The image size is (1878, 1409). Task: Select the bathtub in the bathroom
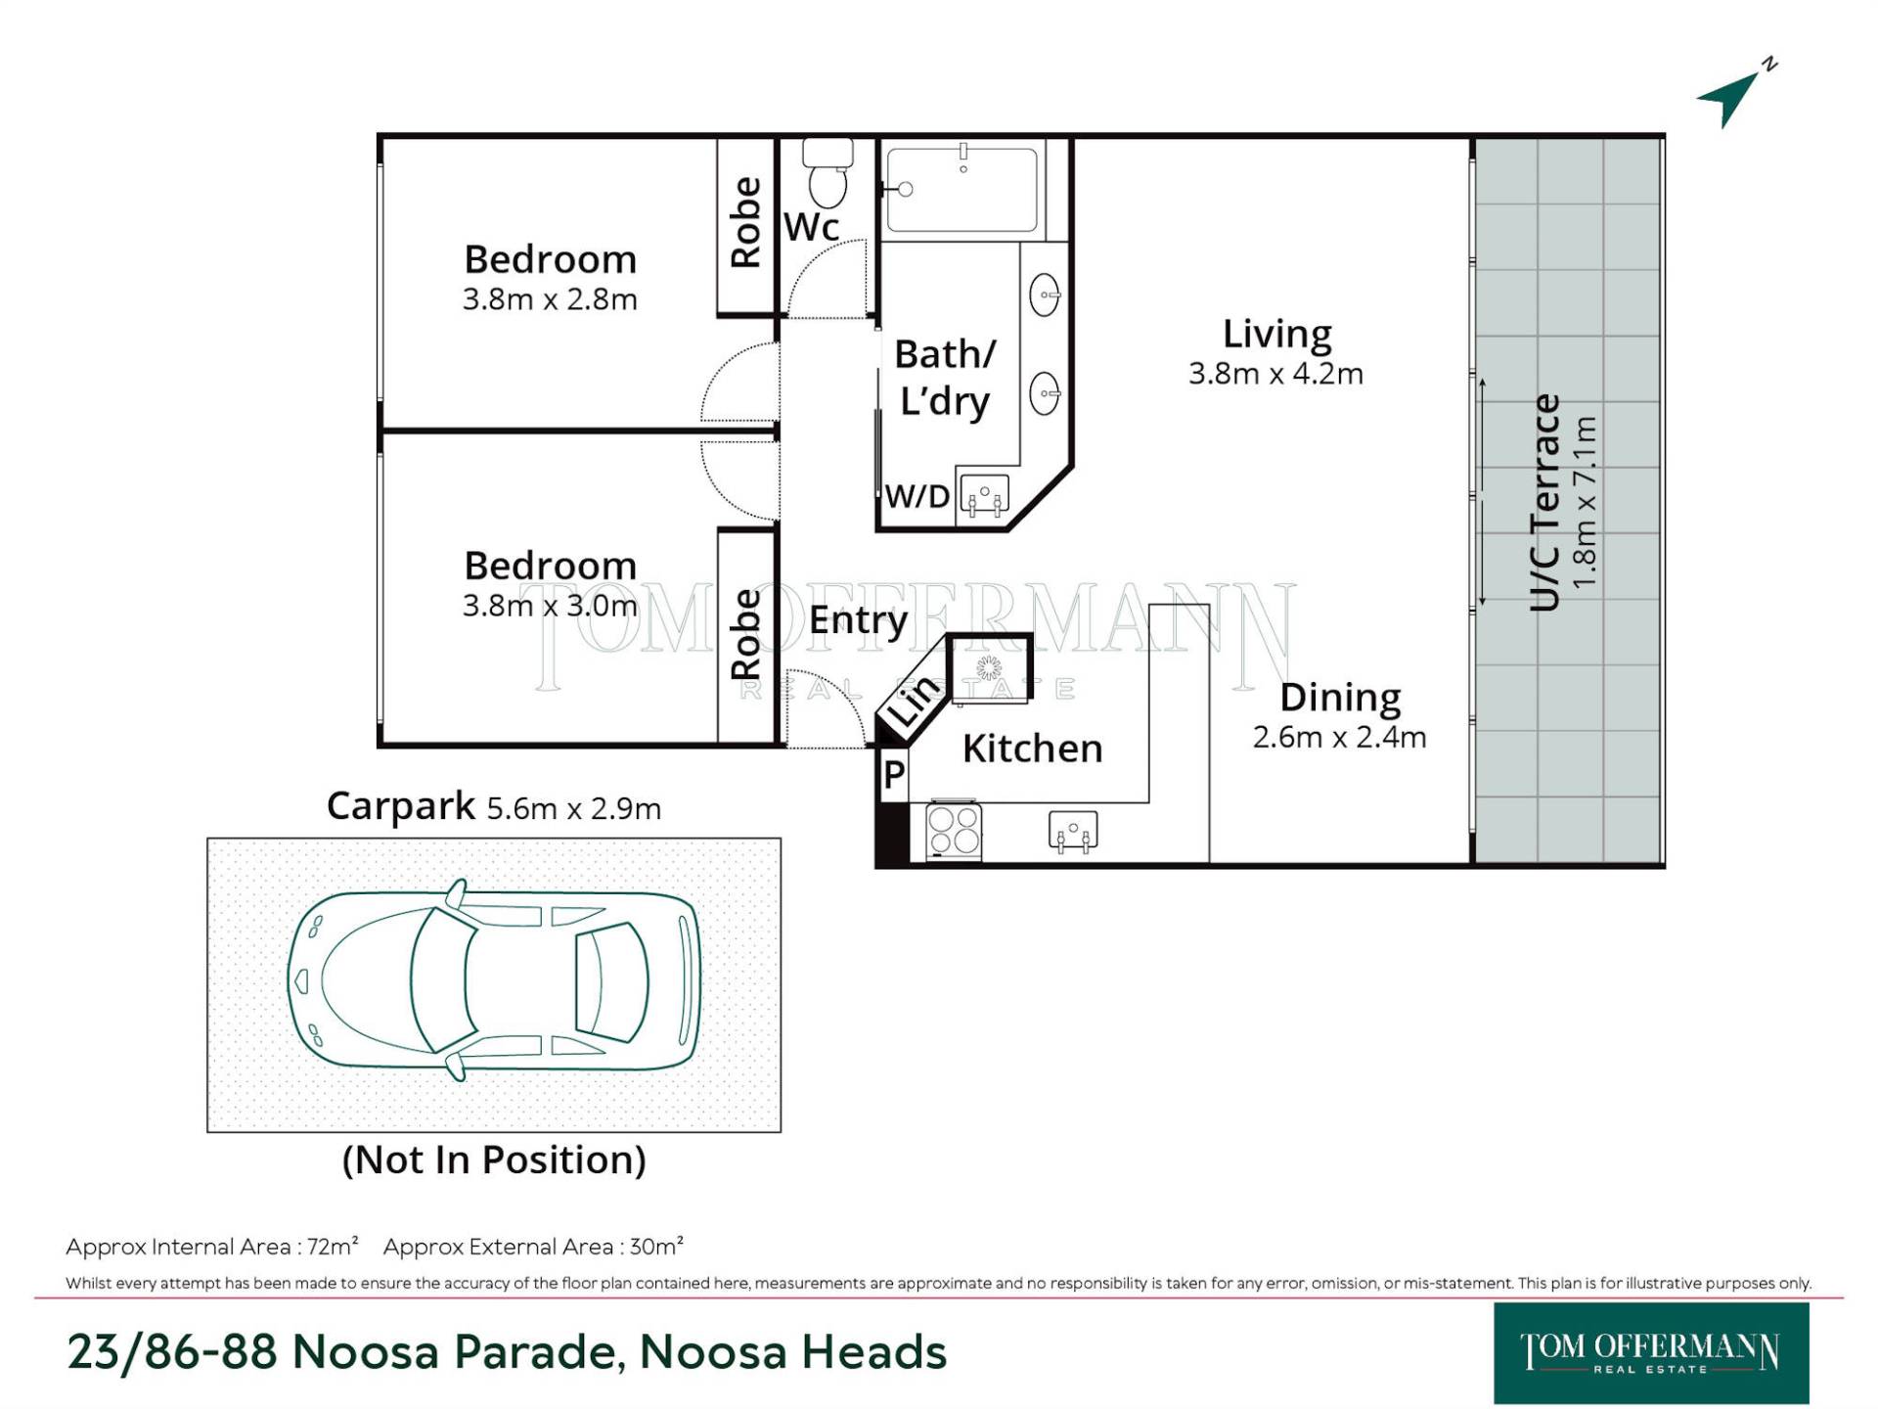(961, 189)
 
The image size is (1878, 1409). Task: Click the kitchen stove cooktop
(954, 830)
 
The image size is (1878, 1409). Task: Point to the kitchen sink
(1073, 832)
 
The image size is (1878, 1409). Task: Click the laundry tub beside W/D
(984, 496)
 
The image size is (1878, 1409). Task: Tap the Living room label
(1276, 335)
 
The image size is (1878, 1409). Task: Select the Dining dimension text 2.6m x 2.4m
(1339, 737)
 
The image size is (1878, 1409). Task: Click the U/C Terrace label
(1544, 502)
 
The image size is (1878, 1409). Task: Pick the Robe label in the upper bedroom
(745, 222)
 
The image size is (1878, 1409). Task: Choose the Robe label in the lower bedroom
(745, 634)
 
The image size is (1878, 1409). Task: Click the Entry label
(858, 620)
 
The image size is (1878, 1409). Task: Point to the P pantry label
(894, 775)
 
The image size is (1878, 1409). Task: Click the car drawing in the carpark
(494, 979)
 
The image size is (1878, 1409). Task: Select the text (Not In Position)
(494, 1160)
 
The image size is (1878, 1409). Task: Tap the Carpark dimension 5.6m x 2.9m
(574, 809)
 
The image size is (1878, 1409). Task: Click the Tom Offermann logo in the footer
(1650, 1353)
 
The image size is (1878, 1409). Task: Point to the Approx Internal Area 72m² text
(212, 1247)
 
